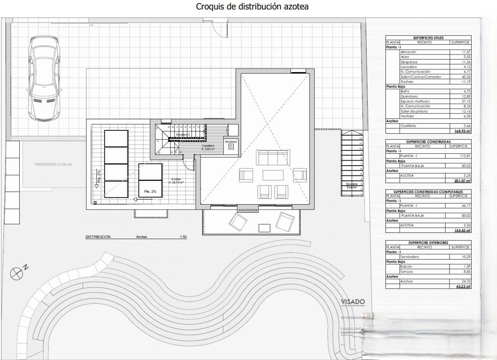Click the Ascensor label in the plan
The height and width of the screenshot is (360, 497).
pyautogui.click(x=231, y=141)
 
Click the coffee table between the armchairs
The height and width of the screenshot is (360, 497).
pyautogui.click(x=273, y=175)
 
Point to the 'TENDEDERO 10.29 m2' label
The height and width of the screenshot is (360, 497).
pyautogui.click(x=53, y=164)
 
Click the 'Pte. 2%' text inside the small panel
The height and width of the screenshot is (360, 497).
pyautogui.click(x=150, y=191)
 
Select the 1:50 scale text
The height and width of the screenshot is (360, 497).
pyautogui.click(x=183, y=237)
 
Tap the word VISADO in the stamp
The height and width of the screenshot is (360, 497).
pyautogui.click(x=353, y=302)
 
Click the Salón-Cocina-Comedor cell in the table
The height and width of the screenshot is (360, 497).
pyautogui.click(x=421, y=77)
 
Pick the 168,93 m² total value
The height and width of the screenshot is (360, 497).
pyautogui.click(x=463, y=131)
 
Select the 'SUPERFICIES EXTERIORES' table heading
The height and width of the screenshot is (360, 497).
pyautogui.click(x=428, y=243)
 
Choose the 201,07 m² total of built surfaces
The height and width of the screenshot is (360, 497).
pyautogui.click(x=463, y=181)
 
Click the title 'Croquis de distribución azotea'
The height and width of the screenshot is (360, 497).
pyautogui.click(x=252, y=7)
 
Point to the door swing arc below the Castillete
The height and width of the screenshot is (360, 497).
pyautogui.click(x=190, y=165)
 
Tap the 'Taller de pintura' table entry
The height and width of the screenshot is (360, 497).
pyautogui.click(x=414, y=111)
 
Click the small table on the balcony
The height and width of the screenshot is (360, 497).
pyautogui.click(x=264, y=227)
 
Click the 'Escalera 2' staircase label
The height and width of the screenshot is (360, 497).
pyautogui.click(x=182, y=134)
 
